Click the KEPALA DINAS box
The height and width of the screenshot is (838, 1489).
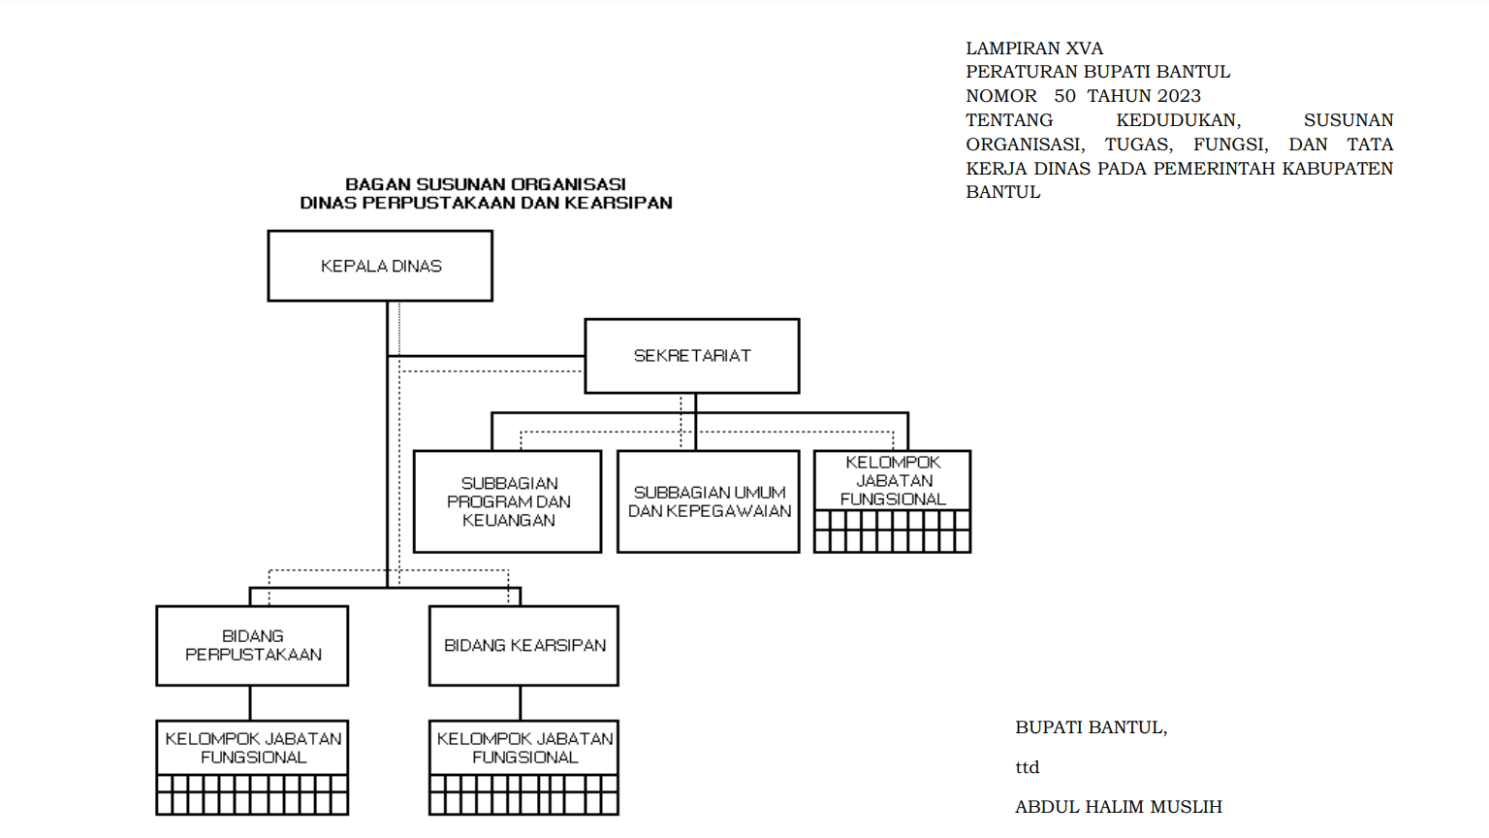(380, 266)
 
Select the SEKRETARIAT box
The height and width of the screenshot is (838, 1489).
(692, 356)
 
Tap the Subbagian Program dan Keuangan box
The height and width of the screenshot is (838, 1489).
(508, 501)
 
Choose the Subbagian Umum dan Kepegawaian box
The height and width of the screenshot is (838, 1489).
(709, 501)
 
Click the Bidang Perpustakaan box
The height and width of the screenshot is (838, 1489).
(252, 645)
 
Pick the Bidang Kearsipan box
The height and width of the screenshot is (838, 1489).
(523, 645)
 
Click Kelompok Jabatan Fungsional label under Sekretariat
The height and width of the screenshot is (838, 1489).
(893, 481)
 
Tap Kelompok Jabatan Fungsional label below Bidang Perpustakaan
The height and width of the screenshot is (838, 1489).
(253, 748)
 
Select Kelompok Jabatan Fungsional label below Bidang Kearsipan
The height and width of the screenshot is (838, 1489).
(525, 748)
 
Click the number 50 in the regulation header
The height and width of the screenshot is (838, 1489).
(1065, 96)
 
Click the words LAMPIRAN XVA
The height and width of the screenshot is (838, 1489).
(1034, 48)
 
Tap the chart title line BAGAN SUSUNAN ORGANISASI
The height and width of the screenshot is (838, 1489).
(486, 183)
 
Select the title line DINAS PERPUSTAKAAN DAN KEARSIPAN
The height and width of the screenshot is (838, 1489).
(486, 202)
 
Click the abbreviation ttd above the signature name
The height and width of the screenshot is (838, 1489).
(1027, 767)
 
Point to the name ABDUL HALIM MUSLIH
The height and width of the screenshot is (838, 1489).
(1119, 807)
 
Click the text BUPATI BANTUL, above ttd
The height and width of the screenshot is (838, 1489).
(1092, 727)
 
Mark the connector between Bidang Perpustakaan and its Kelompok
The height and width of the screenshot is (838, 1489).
(251, 703)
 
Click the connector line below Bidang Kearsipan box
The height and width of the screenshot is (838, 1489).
(521, 703)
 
